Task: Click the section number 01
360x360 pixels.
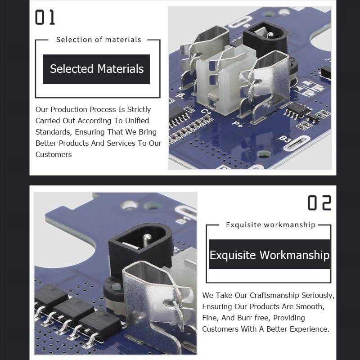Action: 45,17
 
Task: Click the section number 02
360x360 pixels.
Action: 319,203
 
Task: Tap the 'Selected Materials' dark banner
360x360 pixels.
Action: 96,69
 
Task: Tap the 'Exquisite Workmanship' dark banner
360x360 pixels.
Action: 269,254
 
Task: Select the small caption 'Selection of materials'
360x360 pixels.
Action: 99,40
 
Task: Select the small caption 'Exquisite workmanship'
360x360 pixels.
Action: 271,225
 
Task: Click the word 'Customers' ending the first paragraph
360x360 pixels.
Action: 54,154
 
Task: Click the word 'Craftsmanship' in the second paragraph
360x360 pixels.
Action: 274,296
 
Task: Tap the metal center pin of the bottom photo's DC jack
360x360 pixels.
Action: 147,239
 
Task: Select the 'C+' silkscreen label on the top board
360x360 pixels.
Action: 206,112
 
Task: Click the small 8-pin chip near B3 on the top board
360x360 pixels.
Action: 297,110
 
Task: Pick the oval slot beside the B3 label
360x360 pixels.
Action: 297,143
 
